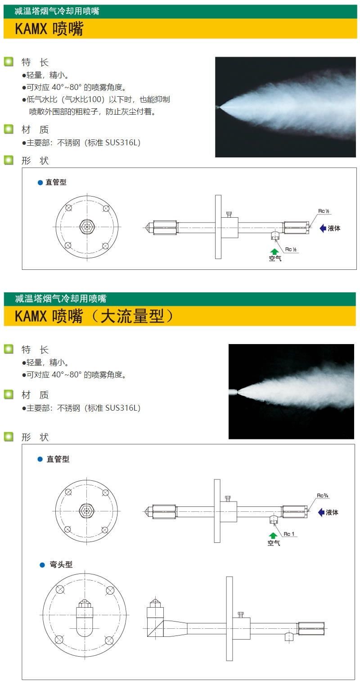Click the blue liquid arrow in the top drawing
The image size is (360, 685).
click(323, 228)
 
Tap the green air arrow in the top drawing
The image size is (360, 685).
click(274, 252)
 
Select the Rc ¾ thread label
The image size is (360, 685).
click(322, 495)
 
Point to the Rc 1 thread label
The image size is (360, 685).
click(289, 533)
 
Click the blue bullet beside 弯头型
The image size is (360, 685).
click(42, 565)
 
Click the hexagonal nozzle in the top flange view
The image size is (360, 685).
click(87, 227)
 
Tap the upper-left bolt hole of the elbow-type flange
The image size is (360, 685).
click(60, 590)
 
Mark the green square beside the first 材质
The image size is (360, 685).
click(9, 129)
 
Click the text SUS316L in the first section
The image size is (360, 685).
click(121, 143)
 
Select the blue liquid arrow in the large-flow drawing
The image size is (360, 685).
click(321, 512)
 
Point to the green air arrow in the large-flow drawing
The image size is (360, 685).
click(273, 536)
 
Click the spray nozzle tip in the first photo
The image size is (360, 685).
click(218, 107)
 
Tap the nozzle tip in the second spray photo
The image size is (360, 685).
click(234, 391)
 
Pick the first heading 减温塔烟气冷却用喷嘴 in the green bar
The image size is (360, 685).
click(57, 11)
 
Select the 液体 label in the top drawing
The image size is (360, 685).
click(334, 228)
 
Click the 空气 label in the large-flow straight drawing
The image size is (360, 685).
click(274, 543)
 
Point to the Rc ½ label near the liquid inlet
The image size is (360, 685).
click(324, 211)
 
